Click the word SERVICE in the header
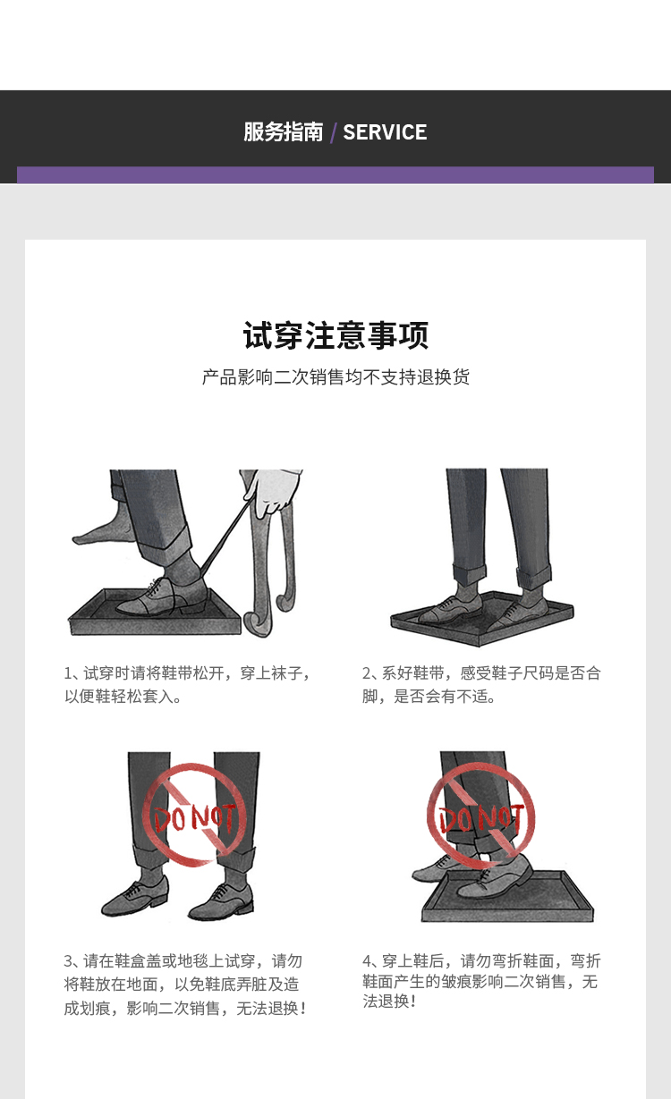click(x=385, y=132)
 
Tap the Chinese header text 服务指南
click(x=284, y=132)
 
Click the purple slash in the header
click(x=334, y=133)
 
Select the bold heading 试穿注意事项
click(x=335, y=335)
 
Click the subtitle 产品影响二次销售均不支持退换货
click(x=335, y=376)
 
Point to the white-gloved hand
click(x=272, y=491)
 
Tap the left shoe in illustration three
click(x=134, y=898)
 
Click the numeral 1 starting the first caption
click(x=68, y=673)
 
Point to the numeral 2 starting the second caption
click(x=367, y=673)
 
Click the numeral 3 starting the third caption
click(x=68, y=961)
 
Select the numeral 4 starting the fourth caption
click(x=367, y=961)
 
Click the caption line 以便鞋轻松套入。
click(x=123, y=697)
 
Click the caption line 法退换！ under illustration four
click(x=389, y=1001)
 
